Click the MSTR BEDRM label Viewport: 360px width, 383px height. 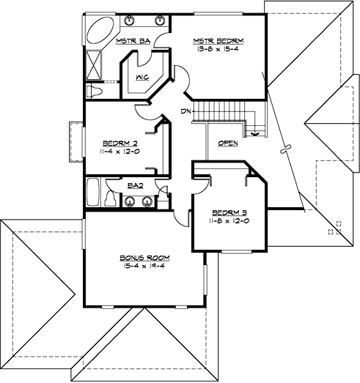[218, 40]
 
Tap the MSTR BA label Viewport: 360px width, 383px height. [133, 41]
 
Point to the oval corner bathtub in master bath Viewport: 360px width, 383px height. [98, 32]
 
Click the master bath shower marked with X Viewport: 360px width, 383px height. [94, 64]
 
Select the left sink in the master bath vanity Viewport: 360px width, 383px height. [129, 21]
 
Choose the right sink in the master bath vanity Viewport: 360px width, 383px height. [157, 21]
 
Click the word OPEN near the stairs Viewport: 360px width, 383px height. [228, 144]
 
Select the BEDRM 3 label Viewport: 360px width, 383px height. [221, 212]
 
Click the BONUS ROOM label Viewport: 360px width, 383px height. [141, 258]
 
